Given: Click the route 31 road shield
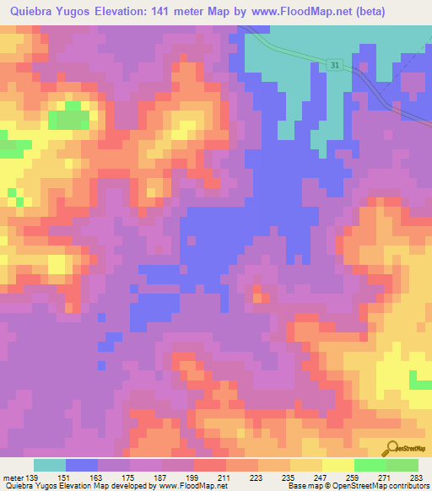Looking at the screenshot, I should point(335,65).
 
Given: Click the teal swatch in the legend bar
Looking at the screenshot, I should point(50,465).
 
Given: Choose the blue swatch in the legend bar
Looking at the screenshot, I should point(82,465).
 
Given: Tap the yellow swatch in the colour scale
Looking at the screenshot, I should point(338,465).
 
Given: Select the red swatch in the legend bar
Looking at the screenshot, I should point(210,465).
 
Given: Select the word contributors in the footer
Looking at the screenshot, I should point(406,486).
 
